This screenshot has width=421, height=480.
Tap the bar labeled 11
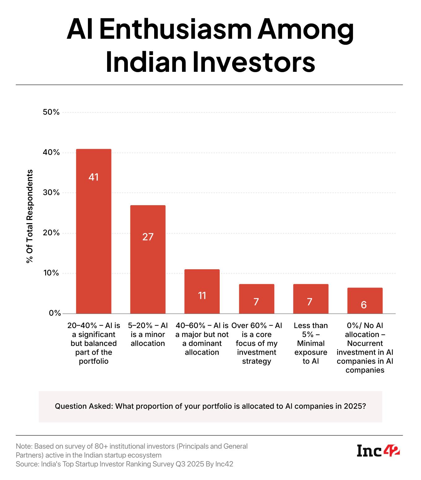click(202, 291)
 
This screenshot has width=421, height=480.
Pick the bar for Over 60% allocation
click(256, 299)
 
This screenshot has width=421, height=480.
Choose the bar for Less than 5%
click(310, 299)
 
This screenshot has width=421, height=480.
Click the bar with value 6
click(365, 301)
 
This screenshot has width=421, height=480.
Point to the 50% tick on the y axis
click(51, 112)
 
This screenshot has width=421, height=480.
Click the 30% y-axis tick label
click(51, 192)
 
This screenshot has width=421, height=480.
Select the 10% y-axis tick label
click(51, 273)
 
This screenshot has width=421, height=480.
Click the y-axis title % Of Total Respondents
click(30, 216)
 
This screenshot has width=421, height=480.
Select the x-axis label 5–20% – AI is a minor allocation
click(148, 335)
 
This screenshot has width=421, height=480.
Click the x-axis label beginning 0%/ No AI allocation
click(365, 348)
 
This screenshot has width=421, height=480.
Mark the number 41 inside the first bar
click(93, 177)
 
